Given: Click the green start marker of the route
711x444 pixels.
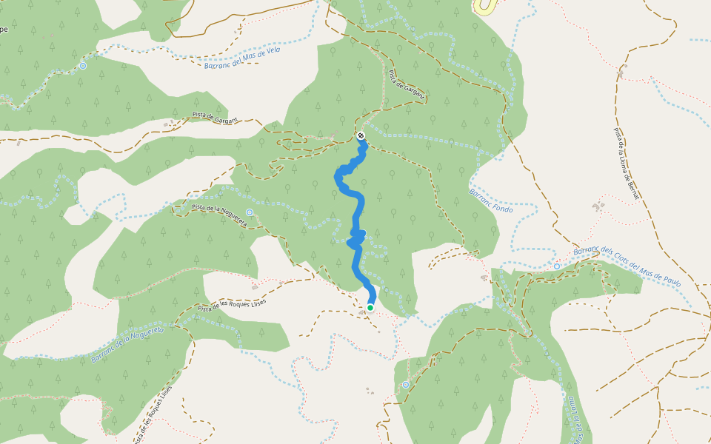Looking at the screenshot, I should [370, 307].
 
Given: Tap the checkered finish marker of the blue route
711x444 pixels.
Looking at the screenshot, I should [360, 135].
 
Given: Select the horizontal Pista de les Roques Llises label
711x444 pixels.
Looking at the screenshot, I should [231, 306].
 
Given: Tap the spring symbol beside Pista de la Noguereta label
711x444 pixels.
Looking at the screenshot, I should [250, 212].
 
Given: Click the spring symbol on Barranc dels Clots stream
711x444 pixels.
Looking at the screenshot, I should [556, 266].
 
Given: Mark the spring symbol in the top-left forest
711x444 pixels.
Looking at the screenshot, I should [82, 66].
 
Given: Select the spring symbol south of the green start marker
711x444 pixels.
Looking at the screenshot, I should [406, 385].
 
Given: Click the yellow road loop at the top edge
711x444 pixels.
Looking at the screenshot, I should [485, 7].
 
